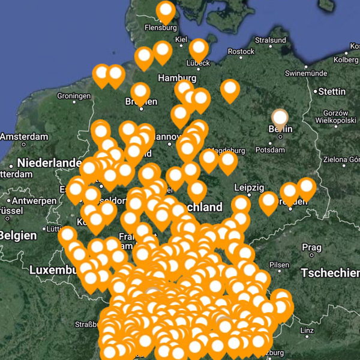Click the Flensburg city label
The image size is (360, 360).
point(161,28)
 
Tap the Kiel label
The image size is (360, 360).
point(181,40)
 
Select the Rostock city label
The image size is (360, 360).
point(241,52)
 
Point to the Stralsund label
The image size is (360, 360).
point(270,40)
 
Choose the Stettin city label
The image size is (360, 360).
point(333,91)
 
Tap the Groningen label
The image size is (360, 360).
point(74,96)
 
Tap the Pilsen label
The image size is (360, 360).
point(280,265)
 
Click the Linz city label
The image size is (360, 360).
point(307,331)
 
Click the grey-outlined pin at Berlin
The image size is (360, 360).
point(280,118)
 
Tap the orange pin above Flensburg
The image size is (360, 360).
point(165,11)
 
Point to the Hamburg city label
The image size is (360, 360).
point(177,79)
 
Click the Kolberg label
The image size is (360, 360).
point(346,59)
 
